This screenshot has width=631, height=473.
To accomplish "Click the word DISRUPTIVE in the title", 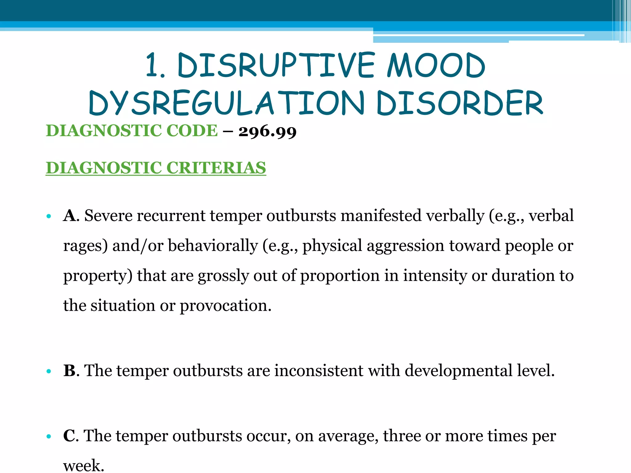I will point(276,65).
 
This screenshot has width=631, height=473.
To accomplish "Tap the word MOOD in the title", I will point(436,65).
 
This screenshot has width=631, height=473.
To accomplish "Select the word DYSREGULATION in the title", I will point(227,103).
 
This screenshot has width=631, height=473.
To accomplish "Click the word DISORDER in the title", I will point(460,103).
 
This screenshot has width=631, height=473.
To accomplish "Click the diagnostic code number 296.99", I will point(267,131).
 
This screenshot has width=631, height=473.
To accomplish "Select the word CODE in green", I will point(192,131).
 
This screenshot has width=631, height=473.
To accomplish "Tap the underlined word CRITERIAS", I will point(216,168).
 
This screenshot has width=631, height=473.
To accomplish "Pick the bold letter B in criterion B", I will point(69,370).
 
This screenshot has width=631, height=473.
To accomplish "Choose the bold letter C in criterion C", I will point(69,436).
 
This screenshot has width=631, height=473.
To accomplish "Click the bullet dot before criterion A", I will point(48,216).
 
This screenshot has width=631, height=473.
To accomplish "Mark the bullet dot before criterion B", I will point(48,371).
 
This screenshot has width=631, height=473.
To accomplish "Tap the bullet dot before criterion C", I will point(48,437).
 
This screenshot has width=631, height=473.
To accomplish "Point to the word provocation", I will point(225,306).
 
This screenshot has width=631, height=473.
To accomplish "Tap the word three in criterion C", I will point(401,436).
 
